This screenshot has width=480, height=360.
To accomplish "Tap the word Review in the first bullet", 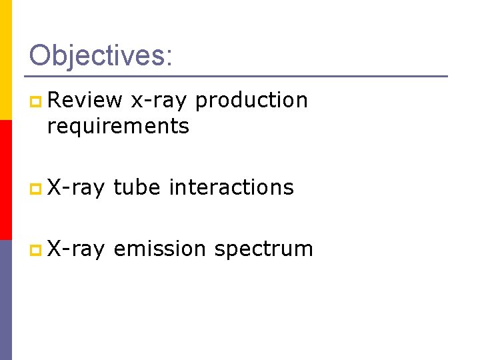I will [x=85, y=100].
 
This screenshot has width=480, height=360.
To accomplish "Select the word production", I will [x=251, y=101].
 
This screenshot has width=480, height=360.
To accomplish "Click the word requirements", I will [x=118, y=126].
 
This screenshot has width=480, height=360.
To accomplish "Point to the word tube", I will [x=137, y=187].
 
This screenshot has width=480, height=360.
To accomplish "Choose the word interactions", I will [x=231, y=187].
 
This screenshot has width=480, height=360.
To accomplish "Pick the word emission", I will [x=160, y=249].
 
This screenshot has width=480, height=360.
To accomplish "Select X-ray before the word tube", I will [x=76, y=187].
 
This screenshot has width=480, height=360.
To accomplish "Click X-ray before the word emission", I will [x=76, y=249].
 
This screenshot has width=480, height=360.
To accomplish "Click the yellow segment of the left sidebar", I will [x=5, y=60].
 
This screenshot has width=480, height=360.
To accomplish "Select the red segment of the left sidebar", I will [x=5, y=180].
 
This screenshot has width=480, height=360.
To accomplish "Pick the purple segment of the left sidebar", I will [x=5, y=300].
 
